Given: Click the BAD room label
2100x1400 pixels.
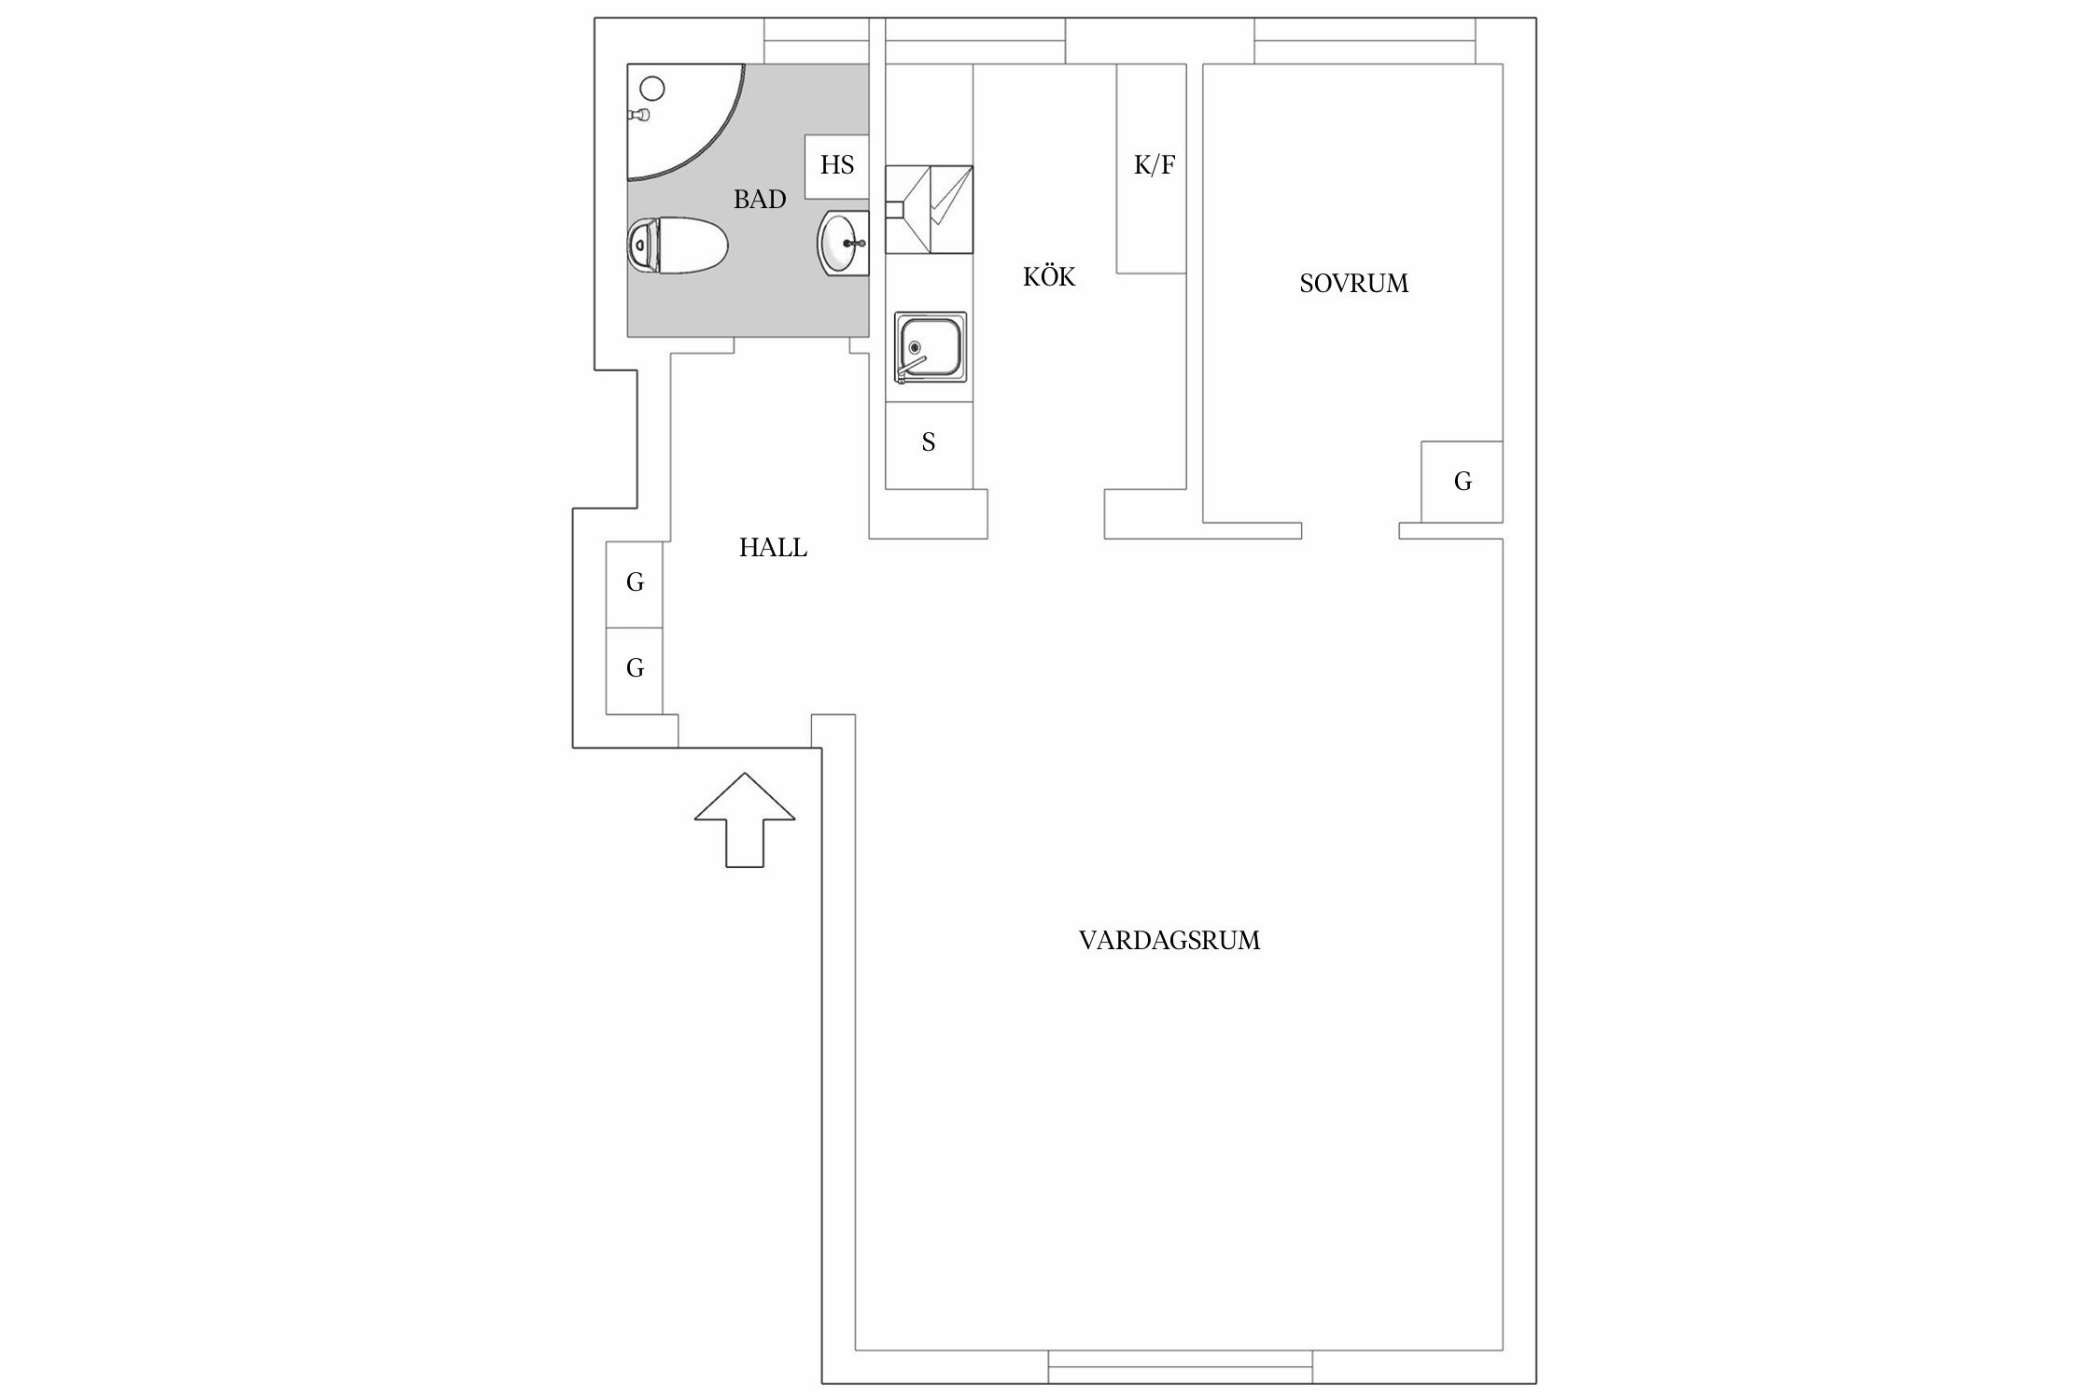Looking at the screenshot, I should click(759, 199).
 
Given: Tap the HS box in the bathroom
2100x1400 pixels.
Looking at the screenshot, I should click(836, 166).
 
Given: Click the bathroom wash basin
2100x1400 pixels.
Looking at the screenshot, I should click(844, 243).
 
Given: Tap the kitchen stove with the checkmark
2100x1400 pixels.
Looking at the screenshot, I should click(929, 210).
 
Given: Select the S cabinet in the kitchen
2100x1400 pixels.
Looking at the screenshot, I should click(929, 443).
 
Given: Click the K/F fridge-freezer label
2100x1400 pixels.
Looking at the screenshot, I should click(1154, 166).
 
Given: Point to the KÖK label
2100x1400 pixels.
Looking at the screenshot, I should click(1049, 277).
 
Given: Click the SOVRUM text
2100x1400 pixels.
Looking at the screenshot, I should click(1353, 284).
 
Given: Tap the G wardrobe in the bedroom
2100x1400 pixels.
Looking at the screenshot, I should click(1462, 482).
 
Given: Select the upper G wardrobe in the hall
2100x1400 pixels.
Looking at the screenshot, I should click(635, 583).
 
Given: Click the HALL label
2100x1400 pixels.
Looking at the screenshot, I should click(773, 548).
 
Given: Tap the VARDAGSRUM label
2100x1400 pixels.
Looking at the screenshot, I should click(1169, 941).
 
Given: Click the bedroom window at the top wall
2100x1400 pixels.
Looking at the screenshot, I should click(1365, 41).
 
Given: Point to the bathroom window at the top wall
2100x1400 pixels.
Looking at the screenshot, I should click(817, 41).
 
